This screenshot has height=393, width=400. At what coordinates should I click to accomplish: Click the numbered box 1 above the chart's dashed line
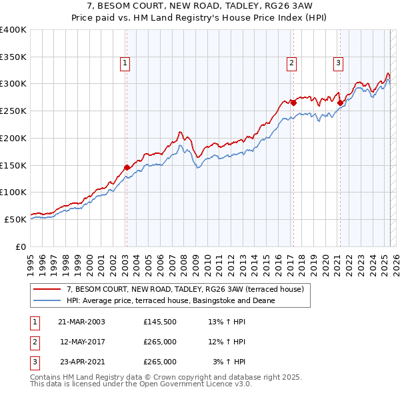[125, 63]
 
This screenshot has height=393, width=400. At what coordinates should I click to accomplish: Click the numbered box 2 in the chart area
[292, 63]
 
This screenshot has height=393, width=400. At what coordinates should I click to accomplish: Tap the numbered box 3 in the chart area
[339, 63]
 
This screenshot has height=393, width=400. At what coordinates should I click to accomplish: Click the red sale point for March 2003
[127, 168]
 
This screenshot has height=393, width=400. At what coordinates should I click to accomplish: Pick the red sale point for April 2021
[340, 103]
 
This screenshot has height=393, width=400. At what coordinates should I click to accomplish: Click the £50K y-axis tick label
[15, 219]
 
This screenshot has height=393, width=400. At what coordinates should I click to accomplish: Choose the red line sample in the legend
[47, 290]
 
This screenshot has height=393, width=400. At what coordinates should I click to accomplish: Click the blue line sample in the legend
[47, 300]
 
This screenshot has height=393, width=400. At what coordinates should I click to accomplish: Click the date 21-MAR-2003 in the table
[81, 322]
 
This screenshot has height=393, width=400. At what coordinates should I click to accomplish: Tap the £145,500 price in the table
[160, 322]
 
